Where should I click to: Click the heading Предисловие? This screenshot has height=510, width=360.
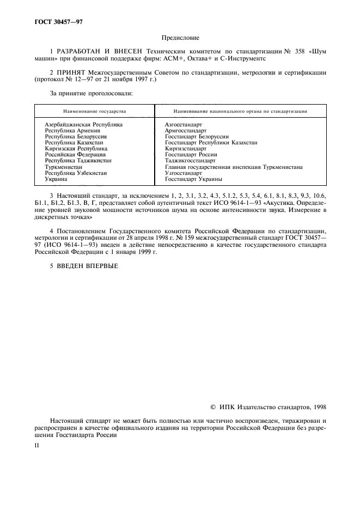(x=180, y=38)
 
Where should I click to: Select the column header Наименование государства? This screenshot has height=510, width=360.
(x=94, y=111)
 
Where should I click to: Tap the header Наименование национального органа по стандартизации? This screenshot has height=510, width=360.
(x=240, y=111)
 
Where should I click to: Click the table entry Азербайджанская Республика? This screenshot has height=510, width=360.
(x=83, y=125)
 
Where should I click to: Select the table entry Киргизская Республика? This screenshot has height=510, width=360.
(x=76, y=149)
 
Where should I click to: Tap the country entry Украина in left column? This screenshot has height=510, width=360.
(x=56, y=179)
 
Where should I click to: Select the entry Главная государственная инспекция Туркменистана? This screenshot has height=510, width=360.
(x=234, y=167)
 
